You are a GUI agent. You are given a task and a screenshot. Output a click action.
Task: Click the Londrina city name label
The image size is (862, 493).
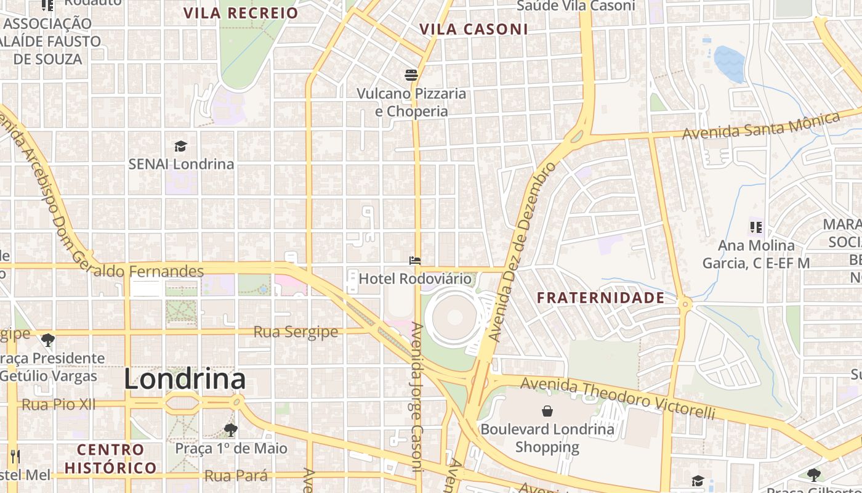coord(185,379)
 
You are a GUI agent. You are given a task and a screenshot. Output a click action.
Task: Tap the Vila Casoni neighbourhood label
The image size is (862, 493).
coord(473,29)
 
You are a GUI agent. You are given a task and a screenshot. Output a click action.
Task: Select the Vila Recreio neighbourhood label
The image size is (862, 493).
coord(241,13)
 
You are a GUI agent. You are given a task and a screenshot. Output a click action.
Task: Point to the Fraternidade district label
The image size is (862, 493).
coord(600,298)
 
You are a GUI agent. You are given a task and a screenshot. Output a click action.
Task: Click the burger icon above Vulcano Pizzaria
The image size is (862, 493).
coord(411,75)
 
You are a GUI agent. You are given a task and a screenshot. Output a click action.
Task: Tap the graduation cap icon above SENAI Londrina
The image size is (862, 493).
coord(180,146)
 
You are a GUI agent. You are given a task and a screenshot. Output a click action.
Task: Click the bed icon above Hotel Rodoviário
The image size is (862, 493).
coord(415,261)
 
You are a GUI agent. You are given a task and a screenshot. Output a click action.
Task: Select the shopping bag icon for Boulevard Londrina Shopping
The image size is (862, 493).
coord(547,411)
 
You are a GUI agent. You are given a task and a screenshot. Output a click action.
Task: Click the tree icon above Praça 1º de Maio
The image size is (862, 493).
coord(231,430)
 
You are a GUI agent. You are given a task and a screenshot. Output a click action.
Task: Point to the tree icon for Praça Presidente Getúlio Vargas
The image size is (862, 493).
coord(47,340)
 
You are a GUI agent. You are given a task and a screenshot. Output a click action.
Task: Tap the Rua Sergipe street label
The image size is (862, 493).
coord(296,332)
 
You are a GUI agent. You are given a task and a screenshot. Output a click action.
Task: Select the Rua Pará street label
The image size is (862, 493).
coord(236,476)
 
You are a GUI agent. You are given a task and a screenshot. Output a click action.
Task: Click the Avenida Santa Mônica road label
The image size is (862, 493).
coord(761,126)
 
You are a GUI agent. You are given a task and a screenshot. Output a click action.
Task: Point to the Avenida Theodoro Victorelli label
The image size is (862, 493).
coord(618,399)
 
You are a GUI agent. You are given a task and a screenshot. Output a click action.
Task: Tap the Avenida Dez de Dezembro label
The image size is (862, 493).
coord(522,251)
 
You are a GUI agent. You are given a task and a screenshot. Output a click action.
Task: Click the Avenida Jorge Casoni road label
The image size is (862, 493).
coord(417,407)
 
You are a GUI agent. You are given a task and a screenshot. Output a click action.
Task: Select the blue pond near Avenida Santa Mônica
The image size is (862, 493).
coord(729,63)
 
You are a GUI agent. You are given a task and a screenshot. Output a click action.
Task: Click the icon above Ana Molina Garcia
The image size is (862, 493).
coord(755,227)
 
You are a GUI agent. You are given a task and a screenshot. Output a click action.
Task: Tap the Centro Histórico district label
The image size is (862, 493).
coord(111,458)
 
